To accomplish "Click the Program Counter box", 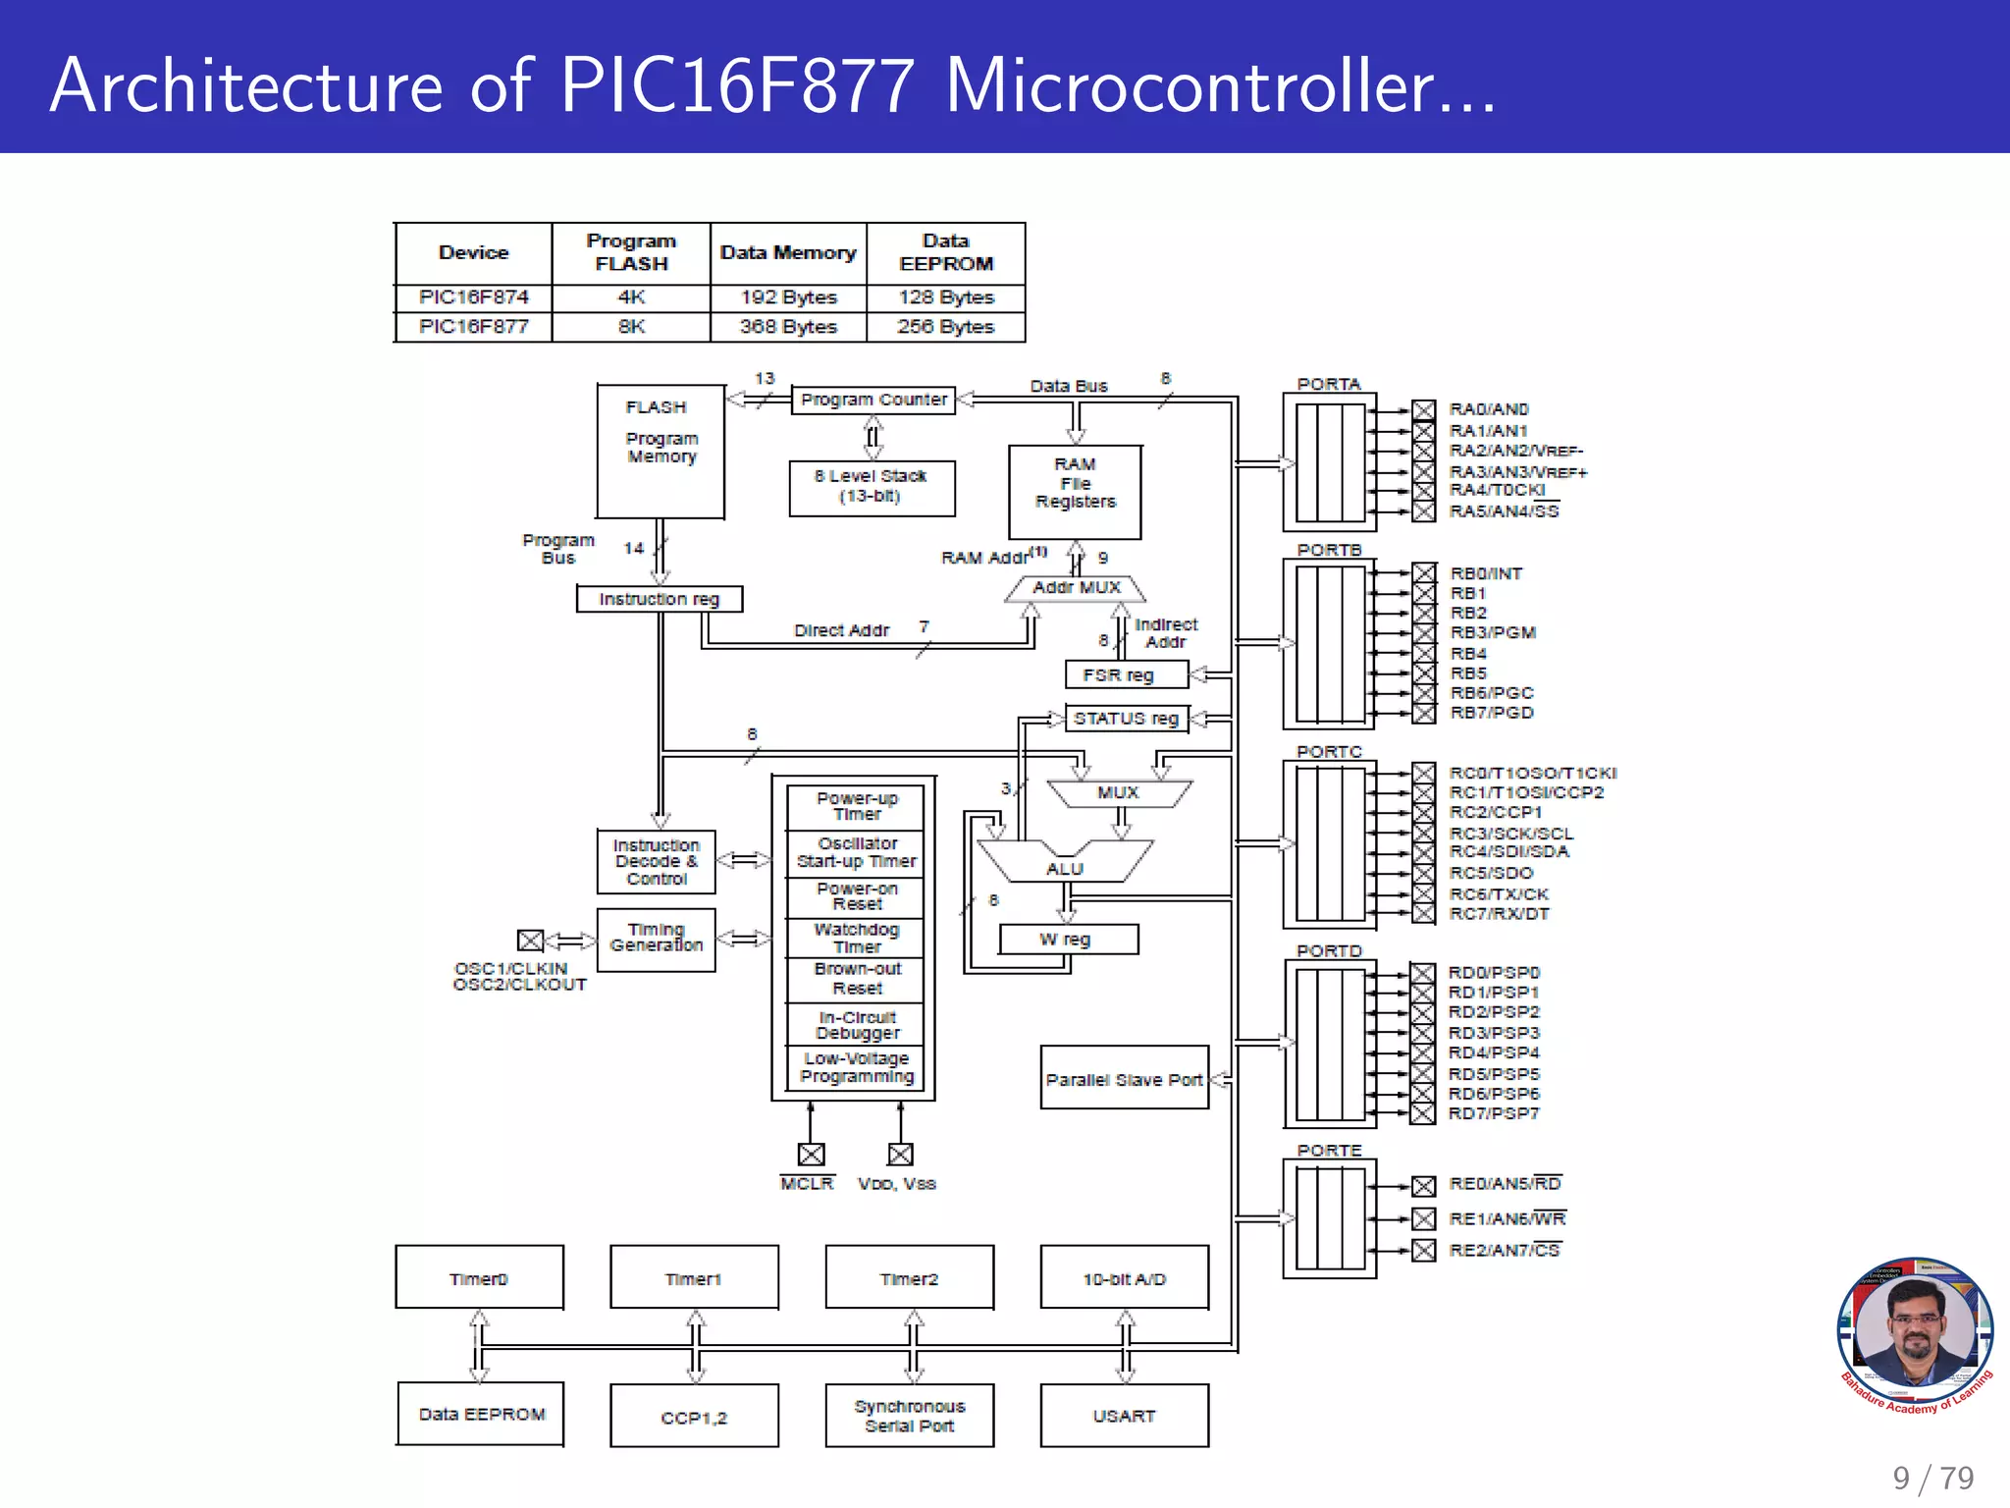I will [873, 400].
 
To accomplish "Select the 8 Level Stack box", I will [872, 487].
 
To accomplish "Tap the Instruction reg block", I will [660, 599].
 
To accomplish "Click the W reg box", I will [1068, 940].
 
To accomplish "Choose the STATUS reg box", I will [1126, 719].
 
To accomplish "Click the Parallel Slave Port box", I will [1124, 1079].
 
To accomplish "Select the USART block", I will [1124, 1416].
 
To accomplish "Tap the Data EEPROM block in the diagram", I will [481, 1414].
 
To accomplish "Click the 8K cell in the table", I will [631, 327].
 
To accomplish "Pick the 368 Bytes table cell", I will [788, 327].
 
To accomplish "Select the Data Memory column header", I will [788, 253].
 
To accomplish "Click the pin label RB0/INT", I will [1486, 573].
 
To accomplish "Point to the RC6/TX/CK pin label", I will [1499, 894].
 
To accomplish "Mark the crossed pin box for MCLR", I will [811, 1155].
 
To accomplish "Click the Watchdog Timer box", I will [856, 938].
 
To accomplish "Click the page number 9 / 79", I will [1932, 1478].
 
